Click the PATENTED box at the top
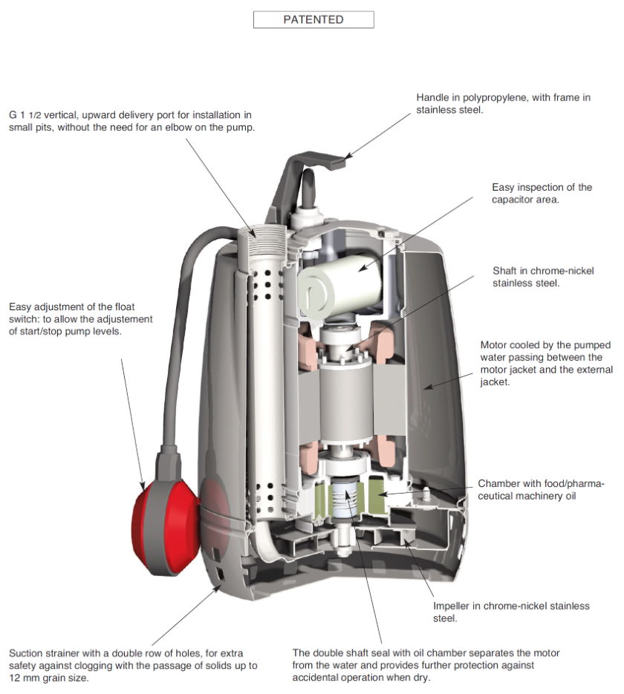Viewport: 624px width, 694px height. (313, 19)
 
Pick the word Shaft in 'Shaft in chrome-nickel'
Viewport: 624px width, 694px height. (506, 271)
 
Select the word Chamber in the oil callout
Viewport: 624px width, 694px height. (501, 483)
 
